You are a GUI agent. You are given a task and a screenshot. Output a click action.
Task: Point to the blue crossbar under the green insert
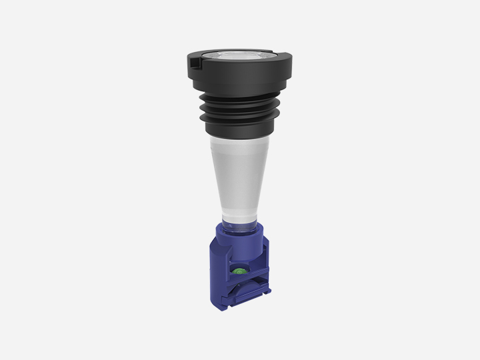tap(240, 279)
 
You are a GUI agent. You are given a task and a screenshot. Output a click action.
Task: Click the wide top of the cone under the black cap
tap(239, 143)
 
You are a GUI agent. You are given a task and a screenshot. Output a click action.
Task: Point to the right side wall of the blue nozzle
tap(263, 273)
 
